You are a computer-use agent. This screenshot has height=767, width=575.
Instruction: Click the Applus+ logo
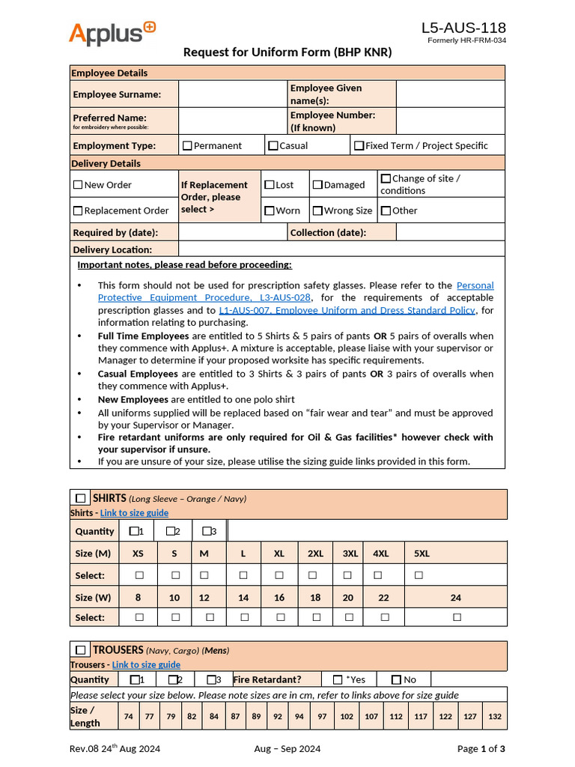[x=112, y=34]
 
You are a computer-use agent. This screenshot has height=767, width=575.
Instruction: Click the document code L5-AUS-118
[x=463, y=28]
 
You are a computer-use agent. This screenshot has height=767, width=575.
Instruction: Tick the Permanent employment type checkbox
[x=187, y=146]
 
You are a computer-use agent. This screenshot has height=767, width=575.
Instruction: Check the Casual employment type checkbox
[x=273, y=146]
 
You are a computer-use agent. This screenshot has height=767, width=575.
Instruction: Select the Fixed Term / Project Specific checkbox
[x=359, y=146]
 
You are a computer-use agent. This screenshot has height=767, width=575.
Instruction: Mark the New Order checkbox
[x=78, y=185]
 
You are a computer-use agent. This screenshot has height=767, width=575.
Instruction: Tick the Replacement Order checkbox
[x=78, y=211]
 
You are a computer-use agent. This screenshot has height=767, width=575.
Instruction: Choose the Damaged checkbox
[x=317, y=185]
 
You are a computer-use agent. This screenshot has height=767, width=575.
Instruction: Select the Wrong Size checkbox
[x=317, y=211]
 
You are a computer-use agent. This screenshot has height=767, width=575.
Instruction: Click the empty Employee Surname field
[x=232, y=94]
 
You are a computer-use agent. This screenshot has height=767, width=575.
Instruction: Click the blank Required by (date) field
[x=232, y=233]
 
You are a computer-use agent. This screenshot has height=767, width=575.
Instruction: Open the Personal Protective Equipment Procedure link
[x=475, y=285]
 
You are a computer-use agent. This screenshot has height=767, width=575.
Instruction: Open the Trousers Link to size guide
[x=146, y=664]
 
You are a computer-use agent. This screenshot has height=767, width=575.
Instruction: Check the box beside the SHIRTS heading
[x=80, y=499]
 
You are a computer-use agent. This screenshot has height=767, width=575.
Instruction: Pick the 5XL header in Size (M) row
[x=422, y=554]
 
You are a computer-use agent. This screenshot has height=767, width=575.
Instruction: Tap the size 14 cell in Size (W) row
[x=243, y=598]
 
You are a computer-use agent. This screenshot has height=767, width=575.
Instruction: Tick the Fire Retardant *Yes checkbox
[x=338, y=680]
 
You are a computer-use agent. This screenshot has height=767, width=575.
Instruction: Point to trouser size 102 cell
[x=347, y=717]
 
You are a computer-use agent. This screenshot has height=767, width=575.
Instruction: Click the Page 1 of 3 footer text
[x=481, y=749]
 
